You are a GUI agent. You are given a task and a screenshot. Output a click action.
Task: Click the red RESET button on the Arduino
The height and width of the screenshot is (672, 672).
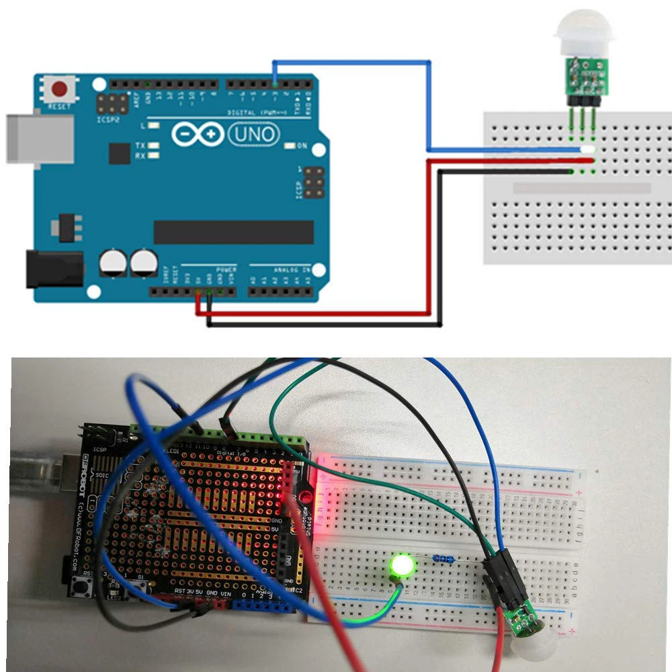point(61,89)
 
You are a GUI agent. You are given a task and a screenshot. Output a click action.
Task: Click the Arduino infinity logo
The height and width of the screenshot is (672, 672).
point(197,134)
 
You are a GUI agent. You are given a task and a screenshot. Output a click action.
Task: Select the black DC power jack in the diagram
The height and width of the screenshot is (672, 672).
point(54,268)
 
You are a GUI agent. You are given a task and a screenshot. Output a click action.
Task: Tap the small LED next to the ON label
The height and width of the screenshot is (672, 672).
point(290,146)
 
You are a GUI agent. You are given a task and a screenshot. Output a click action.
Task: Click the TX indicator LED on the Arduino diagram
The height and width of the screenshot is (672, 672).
point(154,145)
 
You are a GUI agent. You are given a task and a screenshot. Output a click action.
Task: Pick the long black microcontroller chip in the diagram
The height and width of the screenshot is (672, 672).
point(233,232)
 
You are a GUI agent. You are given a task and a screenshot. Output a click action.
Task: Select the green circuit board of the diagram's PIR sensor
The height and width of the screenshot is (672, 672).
point(583,75)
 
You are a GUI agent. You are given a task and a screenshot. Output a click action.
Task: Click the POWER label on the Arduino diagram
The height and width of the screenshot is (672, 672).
point(226,269)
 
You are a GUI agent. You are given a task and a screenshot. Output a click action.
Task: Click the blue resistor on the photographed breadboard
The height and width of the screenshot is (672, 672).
point(443,557)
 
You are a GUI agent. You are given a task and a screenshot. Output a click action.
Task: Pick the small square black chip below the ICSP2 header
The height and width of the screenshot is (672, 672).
point(119,153)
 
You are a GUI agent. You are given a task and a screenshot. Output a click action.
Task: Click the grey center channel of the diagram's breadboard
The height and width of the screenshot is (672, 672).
point(582,188)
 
